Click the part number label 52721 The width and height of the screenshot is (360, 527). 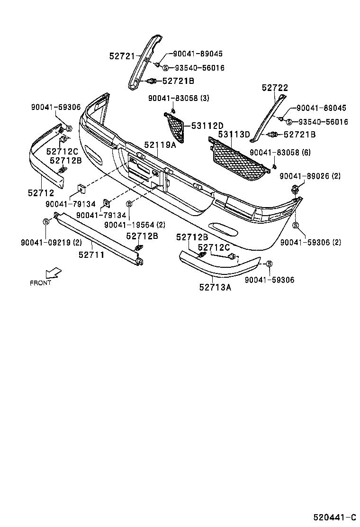click(x=122, y=56)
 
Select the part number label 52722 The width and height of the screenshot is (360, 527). click(x=275, y=88)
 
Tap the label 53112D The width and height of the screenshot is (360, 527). click(x=207, y=126)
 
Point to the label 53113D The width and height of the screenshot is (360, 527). click(x=234, y=135)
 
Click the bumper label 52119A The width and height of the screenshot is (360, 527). click(x=160, y=145)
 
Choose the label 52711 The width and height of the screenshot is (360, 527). click(x=91, y=254)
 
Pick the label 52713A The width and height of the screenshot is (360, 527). click(x=215, y=286)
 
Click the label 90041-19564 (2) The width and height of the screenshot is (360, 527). click(x=135, y=225)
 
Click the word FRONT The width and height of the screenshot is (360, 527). click(x=40, y=283)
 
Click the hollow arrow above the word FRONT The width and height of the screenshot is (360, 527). click(x=53, y=273)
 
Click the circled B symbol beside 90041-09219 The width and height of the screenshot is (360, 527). click(x=46, y=221)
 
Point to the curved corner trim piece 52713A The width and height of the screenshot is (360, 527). click(x=218, y=268)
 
